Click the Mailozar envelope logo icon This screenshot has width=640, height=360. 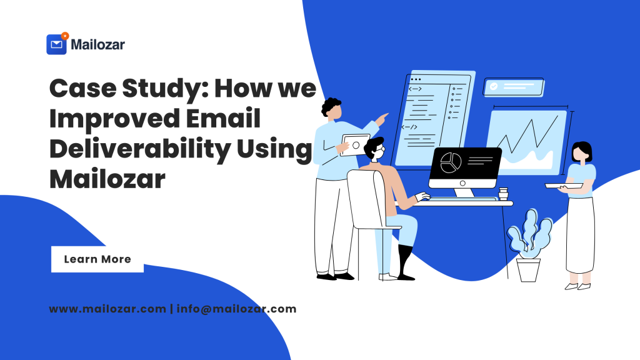coord(57,44)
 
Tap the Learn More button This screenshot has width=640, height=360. coord(97,259)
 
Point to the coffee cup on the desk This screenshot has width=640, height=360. coord(503,194)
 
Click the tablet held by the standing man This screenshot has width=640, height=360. coord(355,145)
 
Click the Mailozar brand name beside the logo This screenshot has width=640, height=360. coord(97,44)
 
